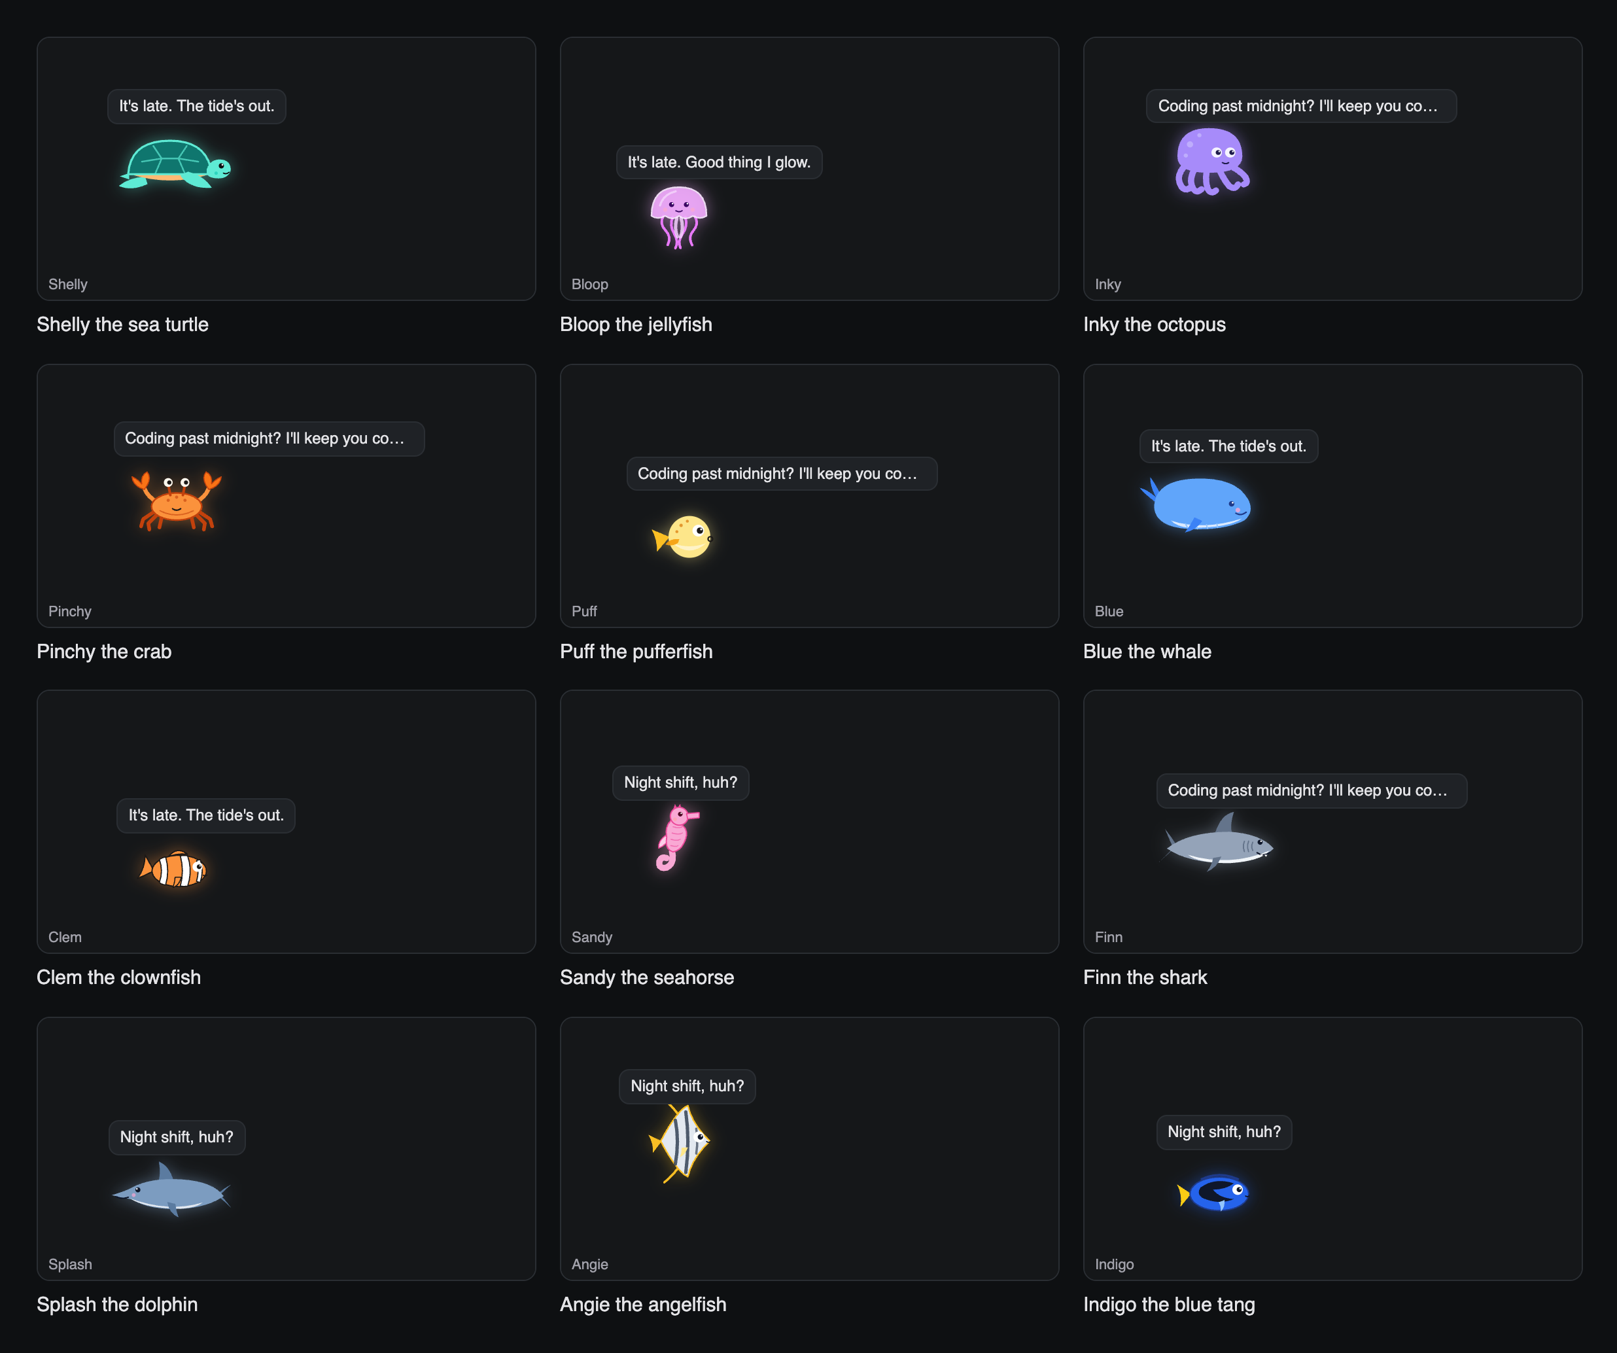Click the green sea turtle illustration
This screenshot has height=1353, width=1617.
[x=175, y=164]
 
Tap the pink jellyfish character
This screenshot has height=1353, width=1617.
[x=678, y=217]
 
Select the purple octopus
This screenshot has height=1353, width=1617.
[x=1211, y=162]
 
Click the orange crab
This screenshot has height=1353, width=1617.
[x=177, y=501]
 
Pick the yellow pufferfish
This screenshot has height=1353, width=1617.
[x=682, y=536]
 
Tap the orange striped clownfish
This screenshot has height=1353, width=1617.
[x=173, y=869]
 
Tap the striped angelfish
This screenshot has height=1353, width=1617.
[x=679, y=1143]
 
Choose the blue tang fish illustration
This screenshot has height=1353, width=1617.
[x=1213, y=1193]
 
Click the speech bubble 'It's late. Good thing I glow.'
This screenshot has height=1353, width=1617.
[x=719, y=162]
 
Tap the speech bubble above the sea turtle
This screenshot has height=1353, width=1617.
[x=196, y=106]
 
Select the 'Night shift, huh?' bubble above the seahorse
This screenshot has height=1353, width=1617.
[x=681, y=783]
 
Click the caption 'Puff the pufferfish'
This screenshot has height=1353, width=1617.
[x=636, y=652]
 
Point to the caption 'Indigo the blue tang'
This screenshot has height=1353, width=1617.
[x=1169, y=1305]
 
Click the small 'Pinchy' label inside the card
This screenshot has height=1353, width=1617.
[x=70, y=612]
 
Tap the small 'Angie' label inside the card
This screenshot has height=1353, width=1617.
[x=590, y=1265]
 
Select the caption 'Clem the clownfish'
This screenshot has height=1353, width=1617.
[x=118, y=977]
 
